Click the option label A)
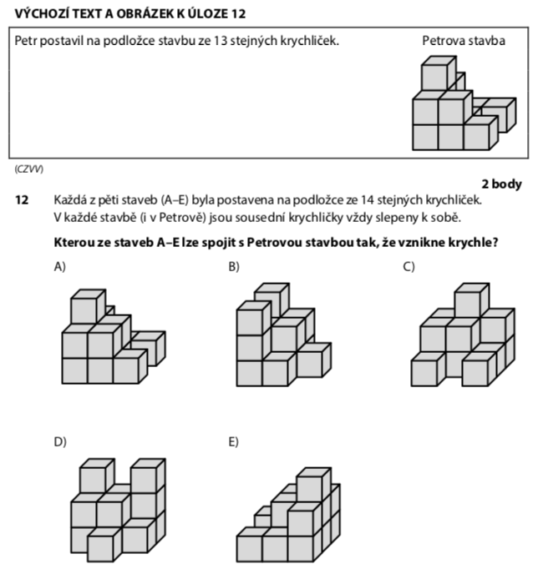(x=60, y=267)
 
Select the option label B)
(x=234, y=267)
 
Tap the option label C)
(x=409, y=267)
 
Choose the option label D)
(x=60, y=442)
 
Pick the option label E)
(x=233, y=442)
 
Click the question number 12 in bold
(x=22, y=200)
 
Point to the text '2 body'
(x=501, y=184)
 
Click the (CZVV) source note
(x=29, y=169)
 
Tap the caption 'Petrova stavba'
(x=464, y=41)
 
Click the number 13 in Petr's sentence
(x=221, y=41)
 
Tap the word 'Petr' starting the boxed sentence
(x=26, y=41)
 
